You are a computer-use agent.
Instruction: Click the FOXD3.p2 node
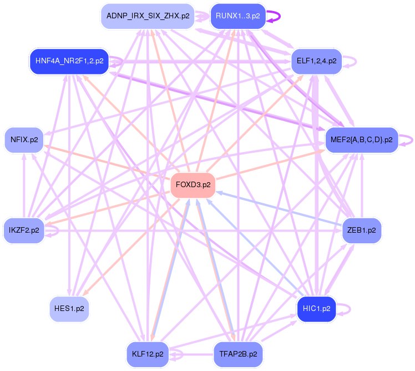pos(193,185)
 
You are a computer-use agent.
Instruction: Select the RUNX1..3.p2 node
pos(237,16)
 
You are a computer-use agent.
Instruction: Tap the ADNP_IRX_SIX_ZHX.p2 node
pos(148,16)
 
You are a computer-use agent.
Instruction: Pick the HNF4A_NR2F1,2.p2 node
pos(69,61)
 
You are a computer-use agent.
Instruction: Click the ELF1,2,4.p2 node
pos(316,61)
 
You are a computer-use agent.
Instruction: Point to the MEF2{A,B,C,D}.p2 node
pos(361,139)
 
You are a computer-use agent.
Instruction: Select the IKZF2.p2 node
pos(24,230)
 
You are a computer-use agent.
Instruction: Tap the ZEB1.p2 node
pos(361,230)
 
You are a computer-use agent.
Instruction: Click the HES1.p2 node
pos(69,308)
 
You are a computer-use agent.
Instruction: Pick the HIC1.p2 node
pos(316,308)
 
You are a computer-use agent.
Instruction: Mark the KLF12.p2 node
pos(148,353)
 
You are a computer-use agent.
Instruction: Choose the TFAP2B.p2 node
pos(237,353)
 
